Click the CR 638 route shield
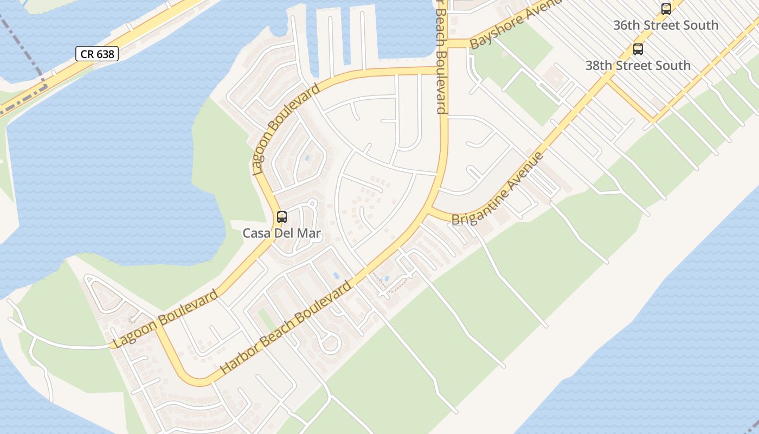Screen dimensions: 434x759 pyautogui.click(x=97, y=54)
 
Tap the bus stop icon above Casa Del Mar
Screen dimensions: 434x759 pyautogui.click(x=282, y=217)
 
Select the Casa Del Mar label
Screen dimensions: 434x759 pyautogui.click(x=282, y=234)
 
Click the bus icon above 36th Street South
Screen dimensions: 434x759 pyautogui.click(x=666, y=9)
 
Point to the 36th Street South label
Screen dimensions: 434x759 pyautogui.click(x=666, y=25)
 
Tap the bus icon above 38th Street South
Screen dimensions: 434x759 pyautogui.click(x=638, y=49)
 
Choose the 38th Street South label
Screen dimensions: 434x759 pyautogui.click(x=638, y=66)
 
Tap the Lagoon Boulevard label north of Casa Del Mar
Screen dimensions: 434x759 pyautogui.click(x=286, y=130)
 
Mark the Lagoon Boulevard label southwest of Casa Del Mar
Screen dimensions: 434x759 pyautogui.click(x=166, y=319)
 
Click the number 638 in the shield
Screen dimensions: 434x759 pyautogui.click(x=105, y=54)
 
